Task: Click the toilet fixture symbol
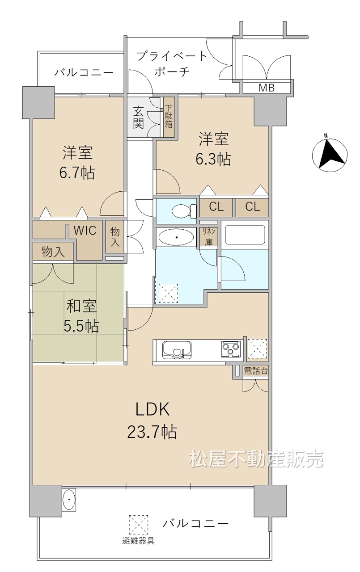[x=184, y=211]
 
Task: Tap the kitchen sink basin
[x=177, y=350]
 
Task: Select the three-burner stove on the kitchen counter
[x=231, y=349]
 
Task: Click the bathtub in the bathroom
[x=245, y=235]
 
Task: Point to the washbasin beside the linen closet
[x=176, y=237]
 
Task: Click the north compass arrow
[x=330, y=155]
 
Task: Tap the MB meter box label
[x=267, y=88]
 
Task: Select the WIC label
[x=85, y=231]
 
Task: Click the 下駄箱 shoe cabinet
[x=169, y=117]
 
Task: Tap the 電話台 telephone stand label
[x=256, y=371]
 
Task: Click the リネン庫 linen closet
[x=209, y=237]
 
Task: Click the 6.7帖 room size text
[x=77, y=173]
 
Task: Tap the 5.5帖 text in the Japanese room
[x=81, y=326]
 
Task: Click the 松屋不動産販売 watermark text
[x=257, y=459]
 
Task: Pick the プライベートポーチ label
[x=172, y=63]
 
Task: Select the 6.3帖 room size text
[x=213, y=159]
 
